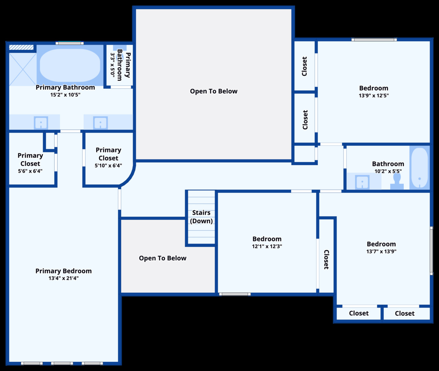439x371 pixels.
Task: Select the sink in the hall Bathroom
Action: click(x=362, y=182)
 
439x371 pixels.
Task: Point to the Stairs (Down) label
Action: click(x=201, y=217)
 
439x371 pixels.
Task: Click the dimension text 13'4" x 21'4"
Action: click(x=64, y=278)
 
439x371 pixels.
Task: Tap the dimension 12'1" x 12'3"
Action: click(x=267, y=246)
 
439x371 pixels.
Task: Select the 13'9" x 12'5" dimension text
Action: click(x=374, y=95)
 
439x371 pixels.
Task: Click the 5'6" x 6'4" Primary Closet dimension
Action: click(x=30, y=171)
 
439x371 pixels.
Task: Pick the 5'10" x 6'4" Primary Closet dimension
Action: click(x=108, y=166)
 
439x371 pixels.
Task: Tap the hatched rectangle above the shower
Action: click(x=21, y=47)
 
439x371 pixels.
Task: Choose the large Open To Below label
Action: click(x=214, y=91)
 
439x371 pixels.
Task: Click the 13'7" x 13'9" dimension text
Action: click(x=381, y=251)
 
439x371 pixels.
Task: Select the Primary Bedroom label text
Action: click(x=64, y=271)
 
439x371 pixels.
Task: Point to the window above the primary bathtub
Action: click(x=70, y=43)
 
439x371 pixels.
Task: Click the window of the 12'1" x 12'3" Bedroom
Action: click(x=235, y=294)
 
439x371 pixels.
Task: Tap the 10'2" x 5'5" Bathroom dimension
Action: click(x=388, y=171)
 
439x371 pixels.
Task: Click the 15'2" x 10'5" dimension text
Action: click(x=65, y=95)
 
